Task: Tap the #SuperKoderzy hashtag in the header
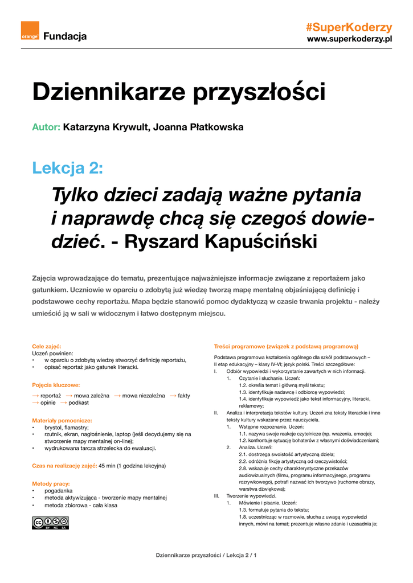click(x=349, y=27)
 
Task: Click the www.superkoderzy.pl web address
click(x=350, y=39)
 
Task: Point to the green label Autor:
click(x=46, y=127)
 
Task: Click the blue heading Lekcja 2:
click(x=68, y=168)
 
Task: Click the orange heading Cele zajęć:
click(x=47, y=346)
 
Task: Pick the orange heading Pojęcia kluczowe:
click(x=56, y=385)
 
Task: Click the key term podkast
click(x=79, y=403)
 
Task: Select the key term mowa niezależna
click(x=143, y=395)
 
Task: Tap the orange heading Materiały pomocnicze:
click(x=62, y=420)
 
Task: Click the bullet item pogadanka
click(x=58, y=490)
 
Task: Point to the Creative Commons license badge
click(x=50, y=523)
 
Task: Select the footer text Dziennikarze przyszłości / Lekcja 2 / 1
click(x=206, y=555)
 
